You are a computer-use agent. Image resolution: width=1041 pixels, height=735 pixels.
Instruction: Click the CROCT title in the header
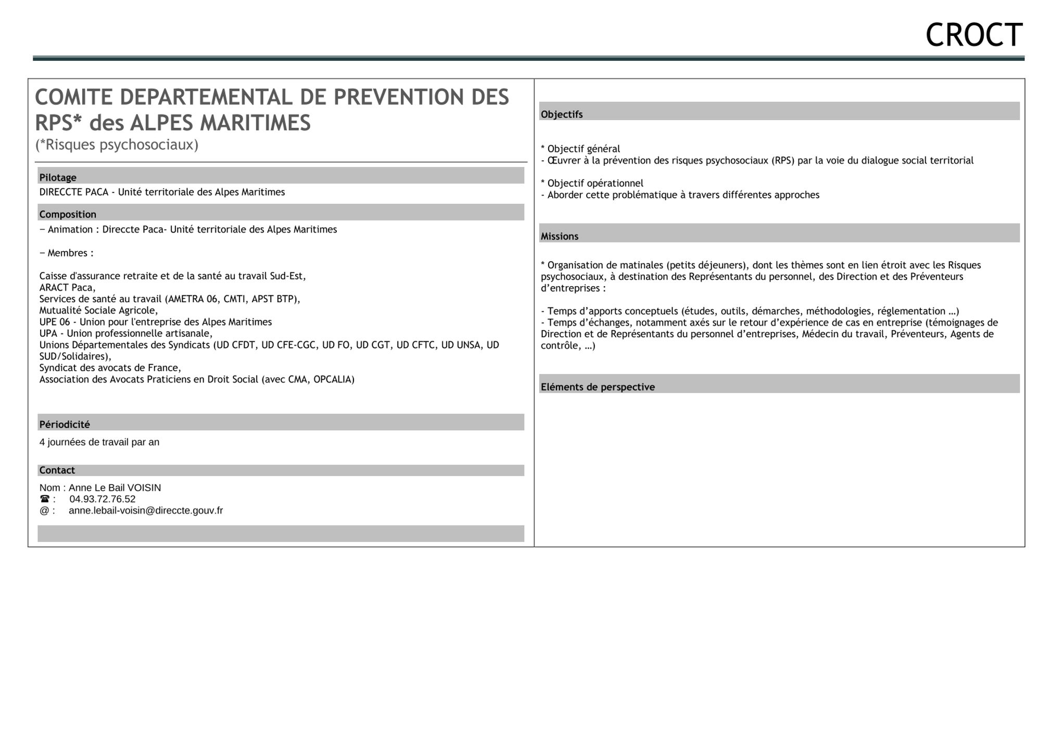pos(973,35)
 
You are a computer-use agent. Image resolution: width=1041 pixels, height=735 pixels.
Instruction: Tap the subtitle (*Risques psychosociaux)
pos(117,145)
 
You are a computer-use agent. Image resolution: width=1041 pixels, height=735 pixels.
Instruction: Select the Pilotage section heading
pos(58,177)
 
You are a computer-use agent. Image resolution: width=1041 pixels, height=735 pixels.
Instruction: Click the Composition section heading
pos(68,214)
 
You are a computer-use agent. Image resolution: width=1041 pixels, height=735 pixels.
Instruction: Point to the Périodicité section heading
pos(65,424)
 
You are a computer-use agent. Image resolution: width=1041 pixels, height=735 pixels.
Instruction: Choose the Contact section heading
pos(57,470)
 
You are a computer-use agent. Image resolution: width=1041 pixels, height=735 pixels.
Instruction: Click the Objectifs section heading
pos(562,114)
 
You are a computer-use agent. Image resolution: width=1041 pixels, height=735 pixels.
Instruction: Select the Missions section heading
pos(560,236)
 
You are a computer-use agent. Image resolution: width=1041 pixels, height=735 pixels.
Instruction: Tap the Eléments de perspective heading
pos(598,387)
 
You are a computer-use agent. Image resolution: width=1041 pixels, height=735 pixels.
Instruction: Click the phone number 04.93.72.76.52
pos(103,499)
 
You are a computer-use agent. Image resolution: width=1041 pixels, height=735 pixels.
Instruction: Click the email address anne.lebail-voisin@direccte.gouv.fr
pos(146,511)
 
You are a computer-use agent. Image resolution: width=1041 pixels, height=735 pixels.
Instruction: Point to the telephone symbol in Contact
pos(45,499)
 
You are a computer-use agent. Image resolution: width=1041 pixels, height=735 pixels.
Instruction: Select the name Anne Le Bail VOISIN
pos(115,488)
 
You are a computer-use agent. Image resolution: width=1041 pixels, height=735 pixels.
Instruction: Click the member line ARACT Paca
pos(68,288)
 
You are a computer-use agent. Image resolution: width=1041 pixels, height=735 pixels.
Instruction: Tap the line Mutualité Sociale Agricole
pos(98,311)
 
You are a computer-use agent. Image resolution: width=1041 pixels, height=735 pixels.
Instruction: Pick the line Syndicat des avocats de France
pos(110,368)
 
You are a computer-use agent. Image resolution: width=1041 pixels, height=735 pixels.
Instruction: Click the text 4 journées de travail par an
pos(99,442)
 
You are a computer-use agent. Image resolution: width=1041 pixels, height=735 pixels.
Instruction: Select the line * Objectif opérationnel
pos(592,183)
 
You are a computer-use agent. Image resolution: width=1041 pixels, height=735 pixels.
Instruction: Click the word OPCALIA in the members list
pos(333,379)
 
